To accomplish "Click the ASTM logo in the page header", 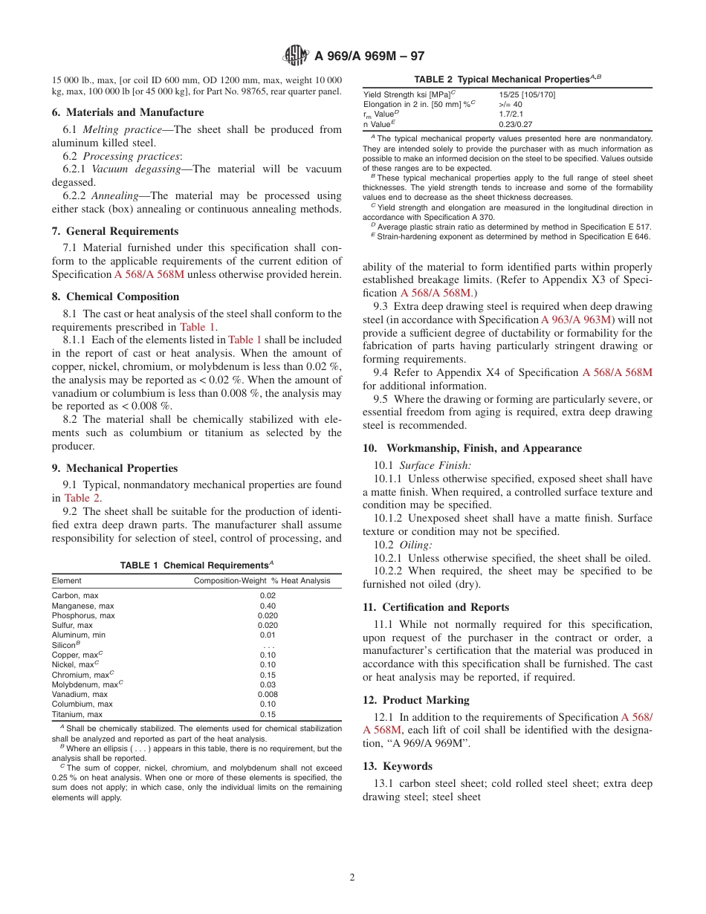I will [x=297, y=56].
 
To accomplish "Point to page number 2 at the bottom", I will [x=352, y=877].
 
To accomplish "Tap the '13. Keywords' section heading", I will [x=398, y=766].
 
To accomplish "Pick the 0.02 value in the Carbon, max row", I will [x=268, y=596].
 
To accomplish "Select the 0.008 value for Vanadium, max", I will [x=268, y=694].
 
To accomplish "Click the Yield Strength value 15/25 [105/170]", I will [x=526, y=94].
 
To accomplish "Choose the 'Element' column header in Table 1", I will [x=67, y=580].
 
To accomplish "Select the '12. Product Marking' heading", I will [x=416, y=700].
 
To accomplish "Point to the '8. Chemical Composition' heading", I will [x=115, y=296].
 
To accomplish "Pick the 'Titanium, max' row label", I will [x=77, y=714].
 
